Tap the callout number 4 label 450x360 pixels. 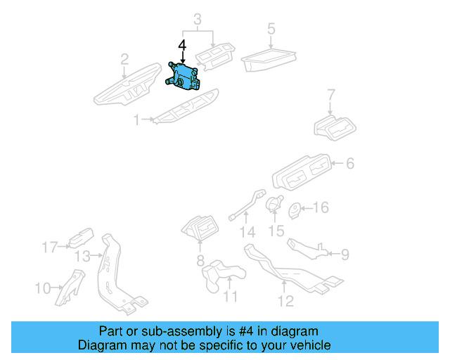(x=182, y=46)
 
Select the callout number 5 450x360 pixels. (x=271, y=30)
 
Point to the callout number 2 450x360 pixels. (x=124, y=58)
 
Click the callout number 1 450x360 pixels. (x=138, y=120)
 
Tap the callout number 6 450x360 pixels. (x=349, y=165)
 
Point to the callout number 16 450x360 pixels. (x=321, y=208)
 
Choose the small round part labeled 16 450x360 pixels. (x=295, y=209)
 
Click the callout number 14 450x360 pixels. (x=245, y=232)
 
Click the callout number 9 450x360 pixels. (x=344, y=254)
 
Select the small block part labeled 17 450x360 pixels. (x=80, y=238)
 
